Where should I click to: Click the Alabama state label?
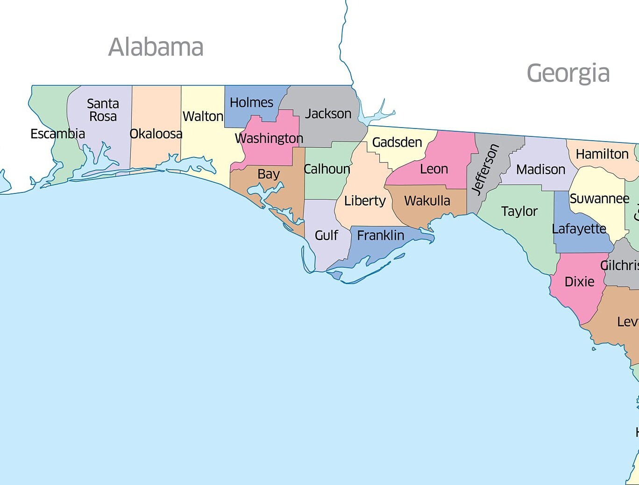(156, 47)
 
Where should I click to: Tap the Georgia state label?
(568, 73)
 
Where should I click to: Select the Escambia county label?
(57, 134)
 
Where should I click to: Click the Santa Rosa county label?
(103, 110)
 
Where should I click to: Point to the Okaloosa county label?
(156, 134)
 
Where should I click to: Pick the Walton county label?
(203, 116)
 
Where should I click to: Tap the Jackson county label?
(328, 114)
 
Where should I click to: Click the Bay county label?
(268, 174)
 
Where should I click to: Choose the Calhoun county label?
(327, 169)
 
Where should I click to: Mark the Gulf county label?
(326, 235)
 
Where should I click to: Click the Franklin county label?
(380, 235)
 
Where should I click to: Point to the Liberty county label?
(364, 201)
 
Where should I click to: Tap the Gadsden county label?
(397, 142)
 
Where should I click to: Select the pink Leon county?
(434, 169)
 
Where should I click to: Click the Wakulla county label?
(427, 201)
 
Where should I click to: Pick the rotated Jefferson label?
(485, 169)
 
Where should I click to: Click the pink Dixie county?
(579, 282)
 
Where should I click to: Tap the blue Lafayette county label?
(579, 229)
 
